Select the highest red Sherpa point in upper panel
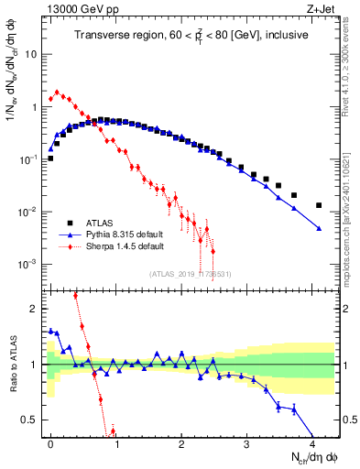click(58, 92)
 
